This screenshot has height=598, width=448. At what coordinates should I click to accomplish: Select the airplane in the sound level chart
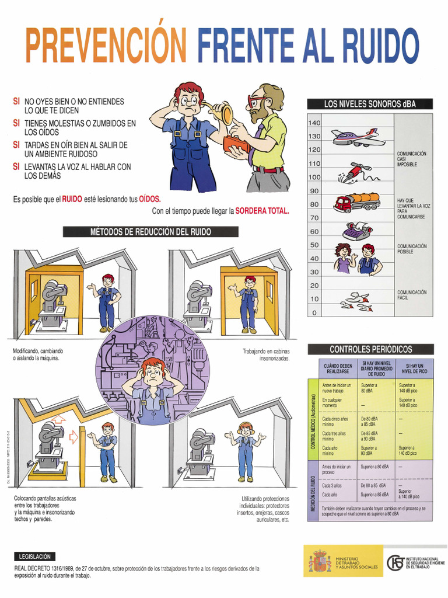pos(358,138)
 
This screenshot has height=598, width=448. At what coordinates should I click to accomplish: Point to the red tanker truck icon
pos(356,203)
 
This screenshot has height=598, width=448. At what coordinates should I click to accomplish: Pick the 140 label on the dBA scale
pos(314,123)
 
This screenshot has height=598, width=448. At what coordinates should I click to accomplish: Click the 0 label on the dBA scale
pos(314,312)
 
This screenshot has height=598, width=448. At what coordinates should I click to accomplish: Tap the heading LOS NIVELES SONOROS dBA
pos(370,104)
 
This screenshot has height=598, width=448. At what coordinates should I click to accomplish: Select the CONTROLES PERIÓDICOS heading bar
pos(370,349)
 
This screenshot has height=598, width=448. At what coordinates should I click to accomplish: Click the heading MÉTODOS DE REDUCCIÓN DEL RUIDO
pos(150,232)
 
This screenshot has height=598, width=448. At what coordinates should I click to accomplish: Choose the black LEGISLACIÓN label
pos(36,557)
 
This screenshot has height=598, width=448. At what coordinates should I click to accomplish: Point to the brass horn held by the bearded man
pos(221,112)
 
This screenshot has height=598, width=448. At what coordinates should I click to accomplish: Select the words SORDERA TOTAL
pos(262,211)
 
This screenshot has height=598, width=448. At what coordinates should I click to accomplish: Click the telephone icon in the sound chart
pos(356,230)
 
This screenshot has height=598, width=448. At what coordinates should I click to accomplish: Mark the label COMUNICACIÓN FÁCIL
pos(412,295)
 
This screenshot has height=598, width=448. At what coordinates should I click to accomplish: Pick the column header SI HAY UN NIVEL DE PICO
pos(414,368)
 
